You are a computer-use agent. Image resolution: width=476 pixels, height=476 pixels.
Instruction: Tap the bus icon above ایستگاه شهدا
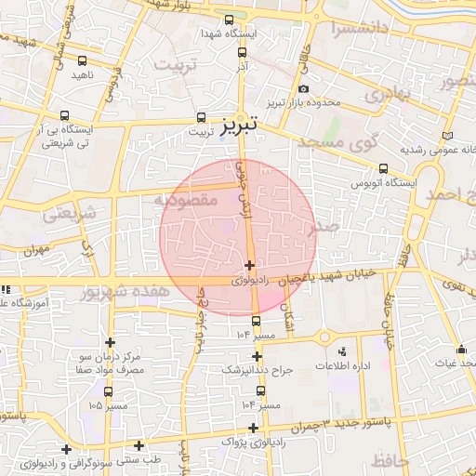[230, 20]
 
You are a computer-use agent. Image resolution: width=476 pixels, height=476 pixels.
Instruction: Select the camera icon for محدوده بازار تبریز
[303, 88]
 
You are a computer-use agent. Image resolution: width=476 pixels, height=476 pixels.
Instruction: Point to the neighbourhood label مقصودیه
[185, 199]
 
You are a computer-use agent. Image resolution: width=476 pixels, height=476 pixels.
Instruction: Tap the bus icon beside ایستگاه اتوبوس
[383, 168]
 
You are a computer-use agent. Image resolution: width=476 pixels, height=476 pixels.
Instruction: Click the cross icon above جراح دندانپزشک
[257, 356]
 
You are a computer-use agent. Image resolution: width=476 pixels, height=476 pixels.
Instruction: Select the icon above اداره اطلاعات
[342, 351]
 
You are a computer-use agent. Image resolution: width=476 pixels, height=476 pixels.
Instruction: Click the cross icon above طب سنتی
[139, 445]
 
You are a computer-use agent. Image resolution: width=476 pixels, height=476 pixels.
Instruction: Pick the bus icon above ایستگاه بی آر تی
[63, 115]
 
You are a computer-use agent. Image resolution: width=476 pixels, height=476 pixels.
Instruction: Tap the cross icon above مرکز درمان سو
[110, 342]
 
